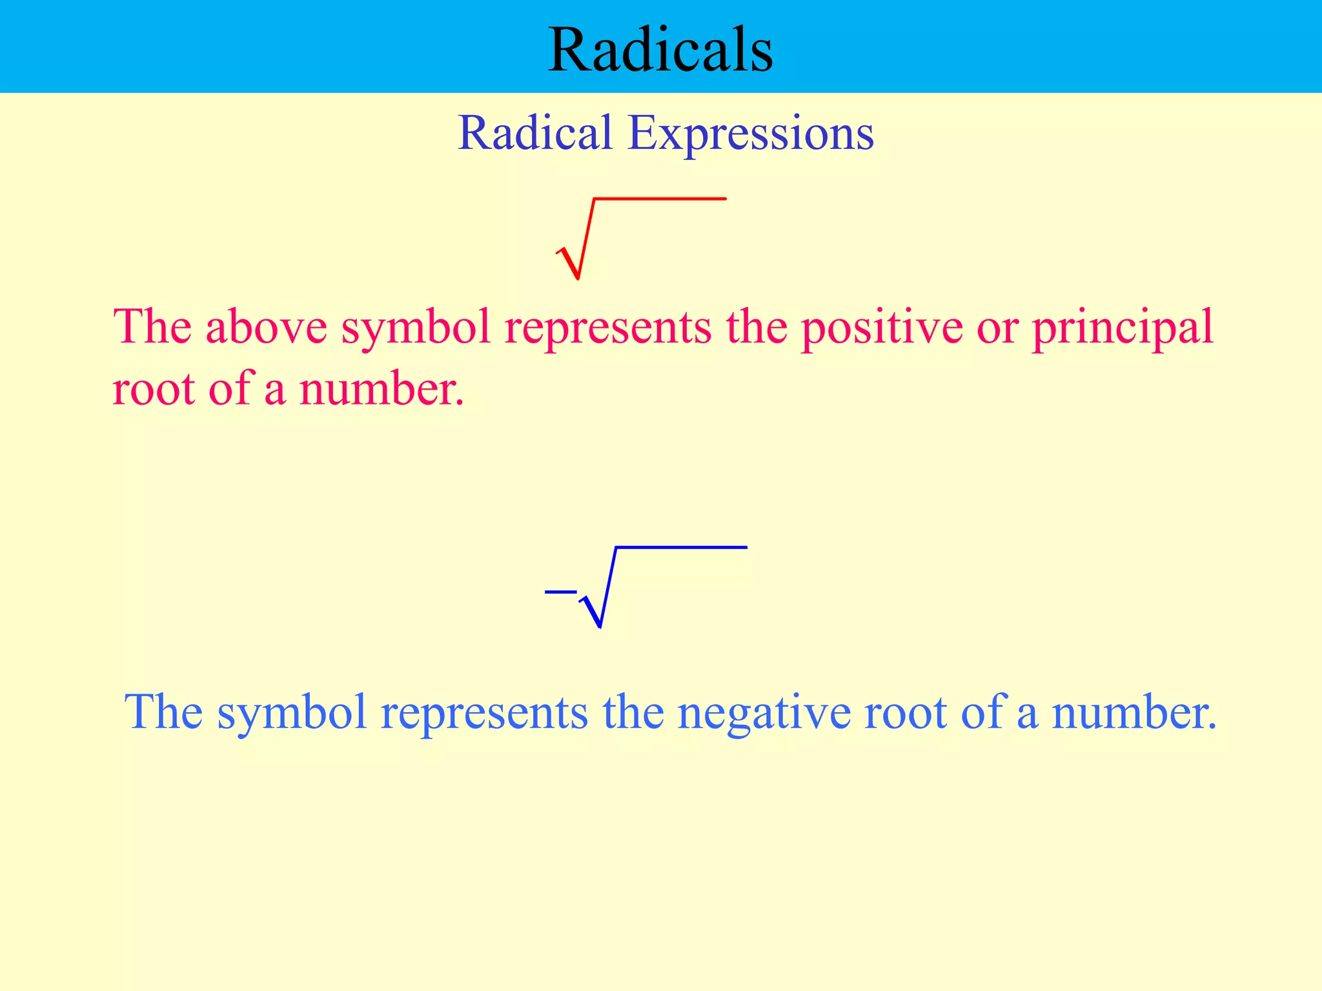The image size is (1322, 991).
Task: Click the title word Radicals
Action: [660, 50]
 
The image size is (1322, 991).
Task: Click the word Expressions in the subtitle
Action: [750, 134]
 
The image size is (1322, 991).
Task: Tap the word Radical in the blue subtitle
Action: [534, 134]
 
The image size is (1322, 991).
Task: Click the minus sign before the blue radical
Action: [560, 592]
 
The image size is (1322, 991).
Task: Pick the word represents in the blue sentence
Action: [484, 714]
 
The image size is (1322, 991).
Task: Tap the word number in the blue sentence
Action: [1134, 712]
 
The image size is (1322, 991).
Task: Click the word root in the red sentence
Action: [153, 390]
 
